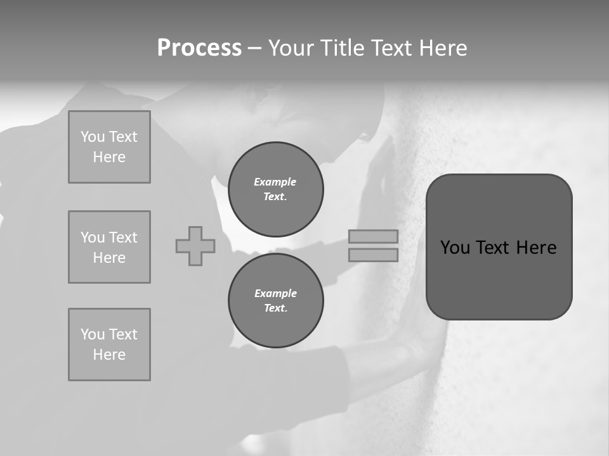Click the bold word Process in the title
199,48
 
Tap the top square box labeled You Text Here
109,147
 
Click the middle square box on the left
109,247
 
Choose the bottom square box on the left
109,345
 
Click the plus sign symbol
195,246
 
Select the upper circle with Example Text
275,189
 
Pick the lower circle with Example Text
275,300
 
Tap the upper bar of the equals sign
373,236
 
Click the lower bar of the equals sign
373,255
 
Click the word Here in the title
443,48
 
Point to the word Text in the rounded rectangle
494,248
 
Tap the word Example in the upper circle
275,182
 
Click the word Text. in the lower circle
275,308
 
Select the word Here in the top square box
109,157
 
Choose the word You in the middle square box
92,237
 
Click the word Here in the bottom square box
109,355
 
